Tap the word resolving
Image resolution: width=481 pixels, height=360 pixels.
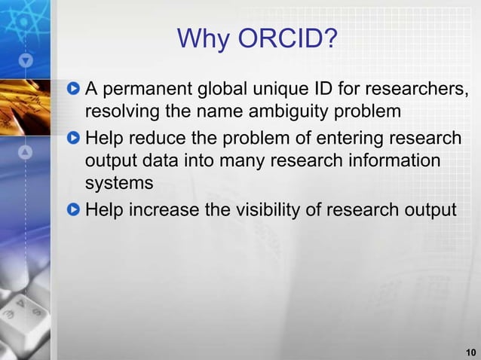[121, 114]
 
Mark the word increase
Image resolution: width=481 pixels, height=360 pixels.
[164, 209]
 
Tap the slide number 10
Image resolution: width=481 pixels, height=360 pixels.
[470, 352]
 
